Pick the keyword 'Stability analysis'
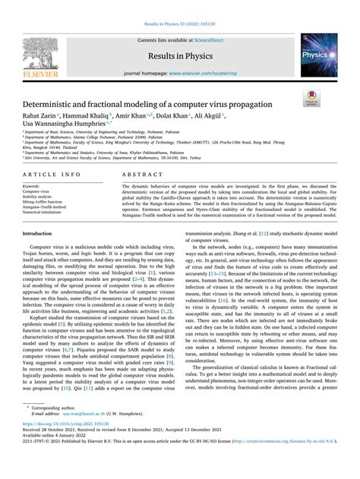(x=37, y=197)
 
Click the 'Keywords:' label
(x=32, y=186)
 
